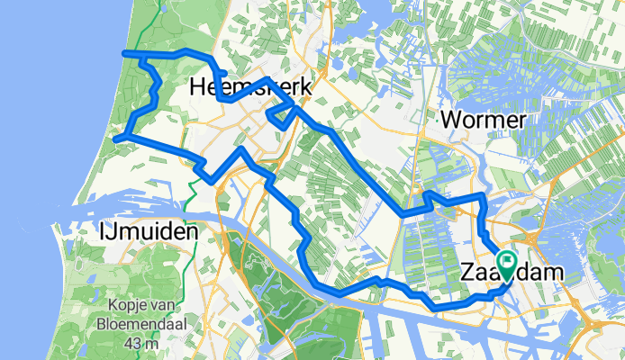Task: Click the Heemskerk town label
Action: coord(251,88)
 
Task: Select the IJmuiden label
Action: coord(146,232)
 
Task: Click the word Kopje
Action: coord(127,305)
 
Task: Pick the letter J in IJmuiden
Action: coord(106,233)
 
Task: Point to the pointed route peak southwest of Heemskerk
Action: coord(241,148)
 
